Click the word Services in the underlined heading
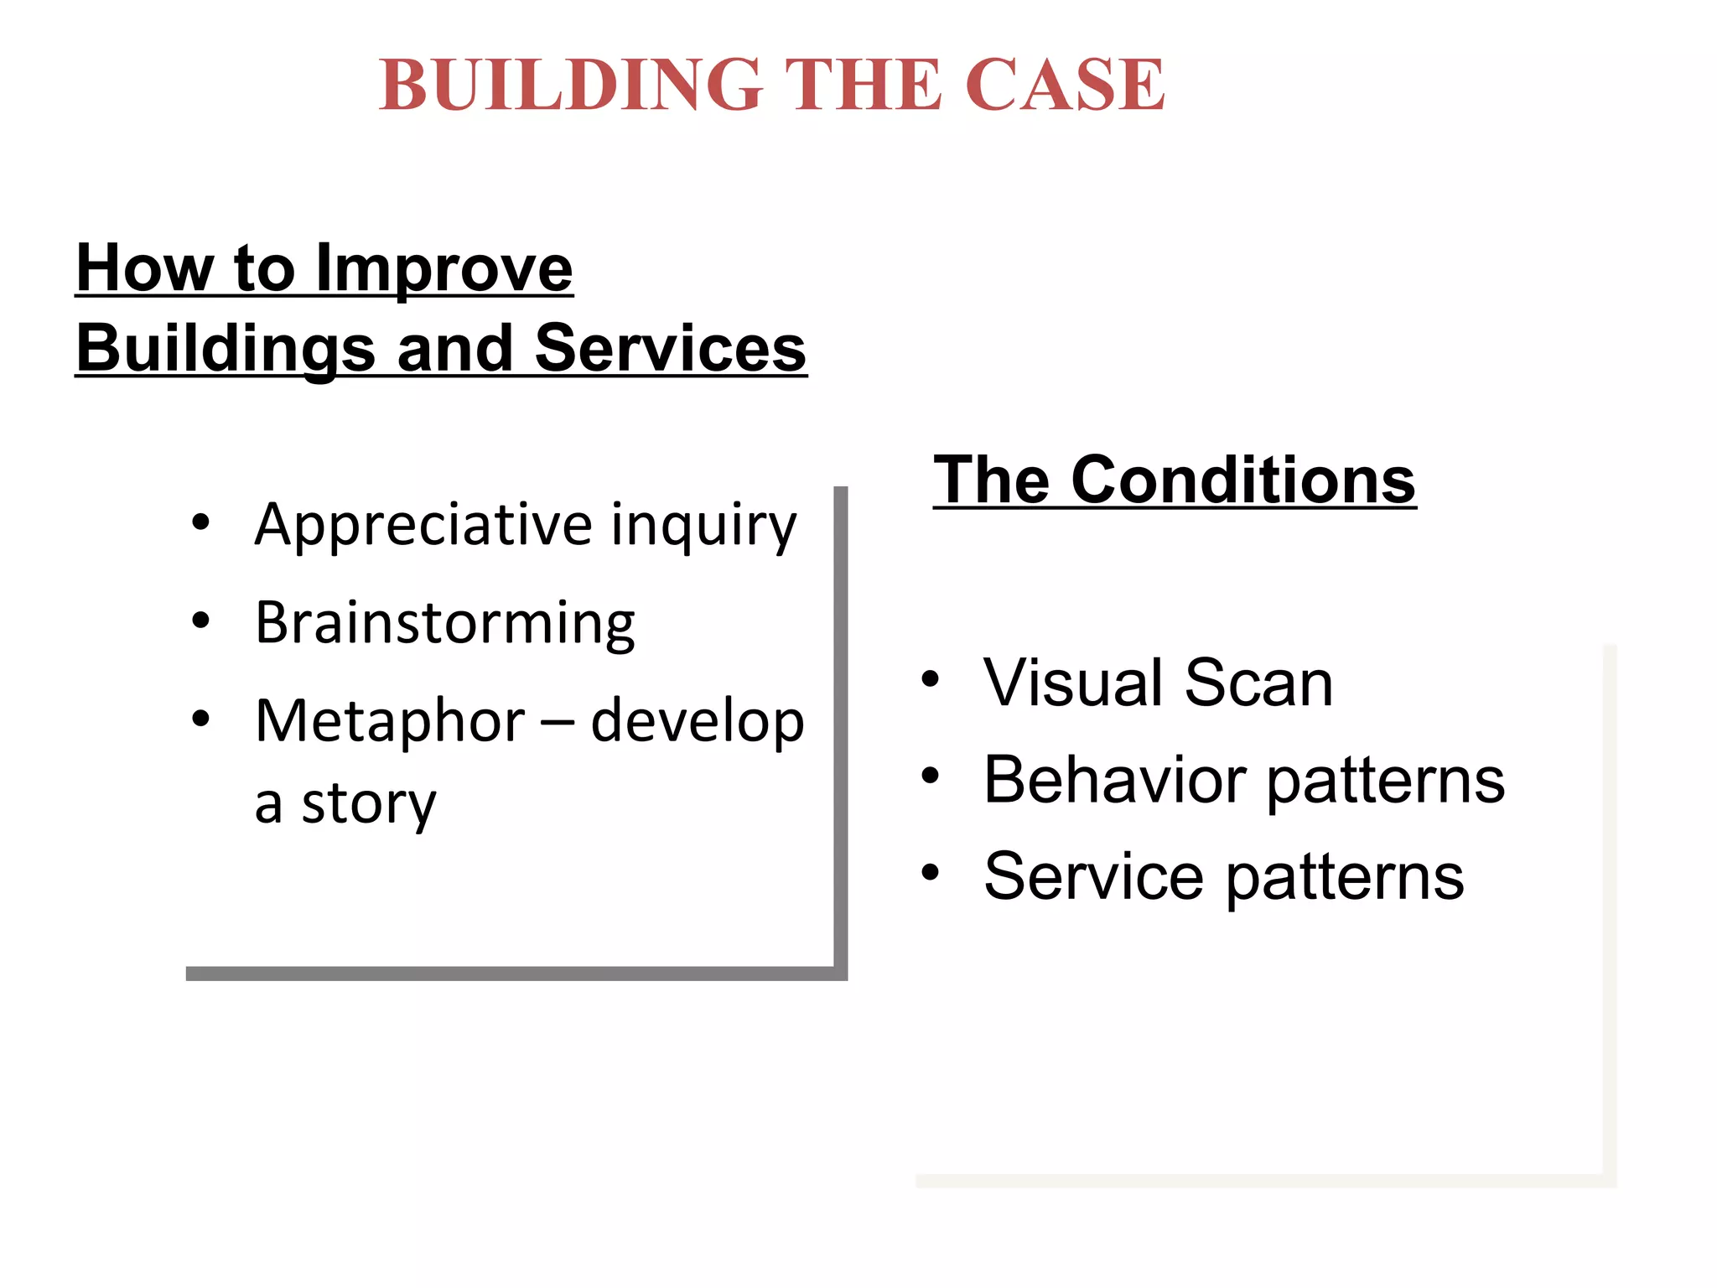coord(670,348)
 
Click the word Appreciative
coord(423,525)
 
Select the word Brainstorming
coord(444,624)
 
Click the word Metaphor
coord(390,721)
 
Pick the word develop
coord(698,721)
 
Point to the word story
coord(369,803)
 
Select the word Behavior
coord(1115,780)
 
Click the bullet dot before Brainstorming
coord(200,621)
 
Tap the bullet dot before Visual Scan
coord(930,679)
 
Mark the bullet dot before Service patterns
coord(930,873)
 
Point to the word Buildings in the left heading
coord(225,348)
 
